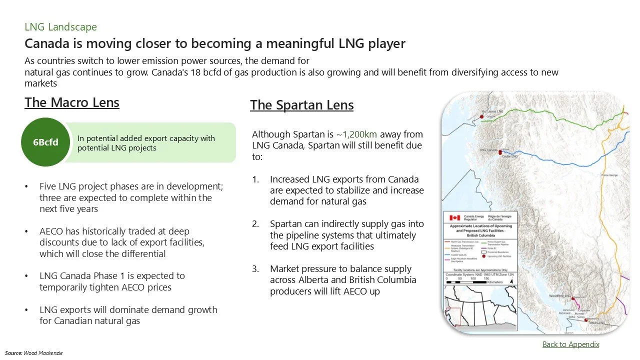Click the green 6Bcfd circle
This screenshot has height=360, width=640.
(x=45, y=142)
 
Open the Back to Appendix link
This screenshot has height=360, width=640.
(x=570, y=344)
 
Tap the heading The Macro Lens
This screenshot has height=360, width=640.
(x=72, y=102)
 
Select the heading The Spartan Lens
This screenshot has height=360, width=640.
(x=301, y=105)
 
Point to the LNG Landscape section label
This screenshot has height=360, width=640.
(x=60, y=27)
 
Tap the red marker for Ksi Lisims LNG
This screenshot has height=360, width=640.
(x=482, y=116)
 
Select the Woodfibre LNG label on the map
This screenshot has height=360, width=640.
(x=559, y=296)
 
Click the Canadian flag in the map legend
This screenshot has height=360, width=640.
(x=454, y=218)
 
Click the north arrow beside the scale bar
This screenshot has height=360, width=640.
(x=511, y=282)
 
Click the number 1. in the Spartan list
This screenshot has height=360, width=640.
(x=255, y=179)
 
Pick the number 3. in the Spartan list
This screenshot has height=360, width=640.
(x=255, y=268)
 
